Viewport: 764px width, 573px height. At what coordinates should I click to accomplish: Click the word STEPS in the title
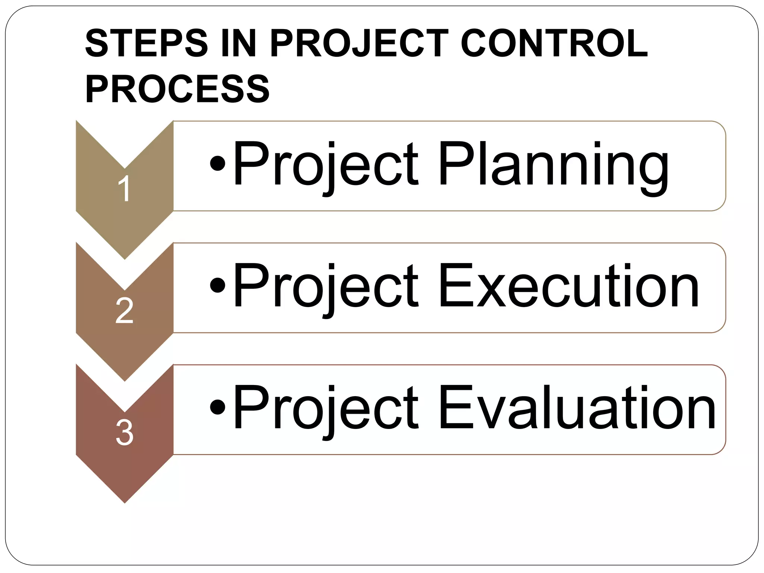click(146, 44)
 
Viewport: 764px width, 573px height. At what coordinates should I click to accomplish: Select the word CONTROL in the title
click(554, 44)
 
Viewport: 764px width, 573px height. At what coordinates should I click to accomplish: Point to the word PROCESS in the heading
click(178, 90)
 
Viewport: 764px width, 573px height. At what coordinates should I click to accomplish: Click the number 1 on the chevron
click(124, 189)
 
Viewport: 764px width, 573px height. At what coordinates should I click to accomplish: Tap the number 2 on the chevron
click(124, 310)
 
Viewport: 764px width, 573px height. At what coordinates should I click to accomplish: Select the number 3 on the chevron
click(124, 433)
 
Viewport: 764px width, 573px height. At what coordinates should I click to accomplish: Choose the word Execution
click(569, 287)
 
